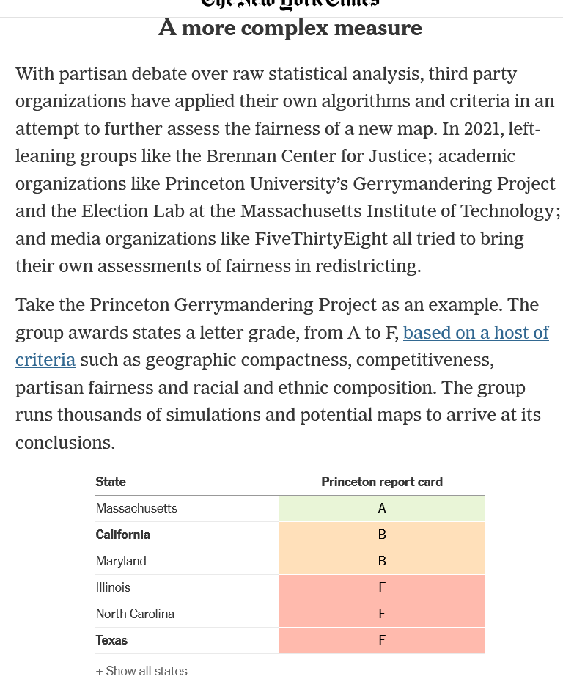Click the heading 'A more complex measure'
pyautogui.click(x=290, y=28)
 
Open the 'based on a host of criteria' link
pyautogui.click(x=475, y=333)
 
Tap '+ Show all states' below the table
pyautogui.click(x=141, y=671)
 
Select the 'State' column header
pyautogui.click(x=111, y=482)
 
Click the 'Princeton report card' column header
pyautogui.click(x=381, y=482)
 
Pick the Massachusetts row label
pyautogui.click(x=136, y=508)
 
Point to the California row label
pyautogui.click(x=123, y=535)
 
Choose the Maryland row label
pyautogui.click(x=121, y=561)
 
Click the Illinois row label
pyautogui.click(x=113, y=587)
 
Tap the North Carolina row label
pyautogui.click(x=135, y=614)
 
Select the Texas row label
pyautogui.click(x=111, y=640)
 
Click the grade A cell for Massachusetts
pyautogui.click(x=381, y=508)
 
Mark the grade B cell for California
pyautogui.click(x=381, y=535)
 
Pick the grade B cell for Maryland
pyautogui.click(x=381, y=561)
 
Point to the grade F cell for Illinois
pyautogui.click(x=381, y=587)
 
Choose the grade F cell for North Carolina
pyautogui.click(x=381, y=614)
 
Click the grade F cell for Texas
pyautogui.click(x=381, y=640)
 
